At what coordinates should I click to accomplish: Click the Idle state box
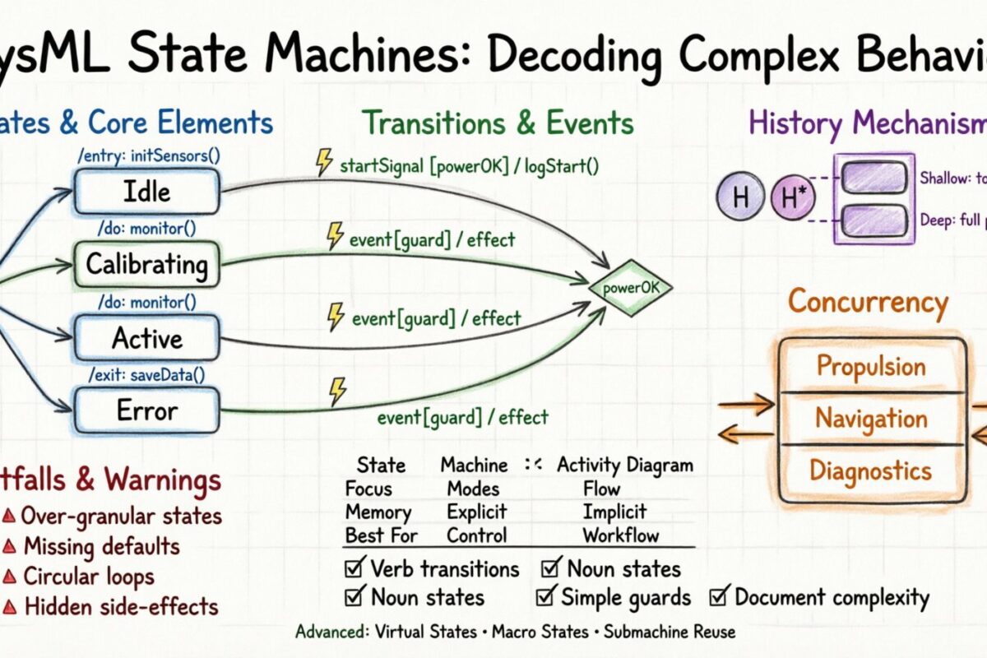pos(147,192)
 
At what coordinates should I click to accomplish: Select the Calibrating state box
pos(147,264)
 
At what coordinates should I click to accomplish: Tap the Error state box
pos(147,410)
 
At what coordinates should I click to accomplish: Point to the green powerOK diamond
pos(631,289)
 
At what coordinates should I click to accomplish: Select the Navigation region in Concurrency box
pos(871,419)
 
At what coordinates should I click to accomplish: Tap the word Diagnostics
pos(871,470)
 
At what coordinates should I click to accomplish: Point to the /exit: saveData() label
pos(147,375)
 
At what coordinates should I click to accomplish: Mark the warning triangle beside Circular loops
pos(9,577)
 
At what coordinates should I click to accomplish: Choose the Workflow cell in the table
pos(621,535)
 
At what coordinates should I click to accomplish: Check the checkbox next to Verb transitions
pos(355,568)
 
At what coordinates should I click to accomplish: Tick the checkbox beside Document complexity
pos(721,597)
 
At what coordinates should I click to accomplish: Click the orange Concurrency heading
pos(868,303)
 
